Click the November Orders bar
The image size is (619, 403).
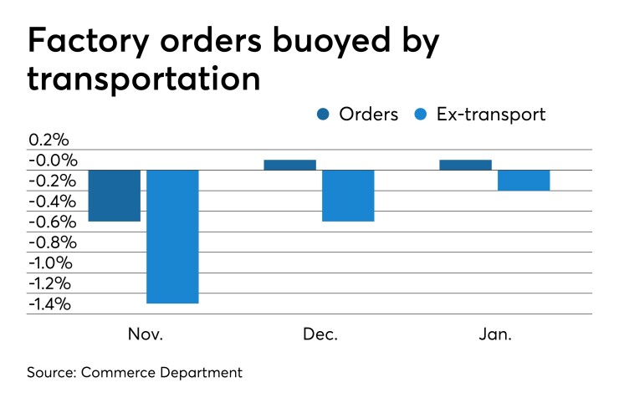(114, 196)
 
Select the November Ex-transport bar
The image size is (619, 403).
(172, 236)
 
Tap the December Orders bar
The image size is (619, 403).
(289, 165)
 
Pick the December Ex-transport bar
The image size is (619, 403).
(348, 196)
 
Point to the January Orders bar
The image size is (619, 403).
(465, 165)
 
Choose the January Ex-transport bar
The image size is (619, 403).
(524, 181)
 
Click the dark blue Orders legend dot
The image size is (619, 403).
(322, 115)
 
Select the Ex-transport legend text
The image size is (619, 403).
(491, 115)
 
